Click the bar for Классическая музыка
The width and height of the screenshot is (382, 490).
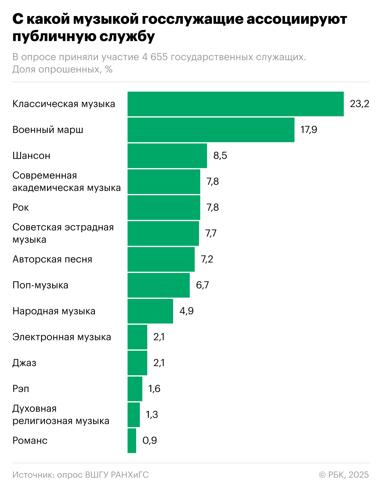pos(236,104)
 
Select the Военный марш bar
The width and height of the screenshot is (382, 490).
pos(211,130)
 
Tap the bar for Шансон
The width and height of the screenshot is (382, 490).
pos(167,156)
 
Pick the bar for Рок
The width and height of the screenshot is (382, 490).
pos(164,208)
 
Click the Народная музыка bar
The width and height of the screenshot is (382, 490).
pos(150,311)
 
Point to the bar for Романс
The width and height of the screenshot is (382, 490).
pos(132,441)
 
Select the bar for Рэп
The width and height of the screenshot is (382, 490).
pos(135,389)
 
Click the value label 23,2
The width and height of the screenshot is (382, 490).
pos(359,104)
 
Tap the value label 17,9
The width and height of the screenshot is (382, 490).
pos(309,130)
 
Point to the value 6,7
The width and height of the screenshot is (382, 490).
pos(202,285)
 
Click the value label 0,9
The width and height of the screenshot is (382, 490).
pos(150,441)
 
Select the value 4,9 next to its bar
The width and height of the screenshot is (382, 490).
pos(187,311)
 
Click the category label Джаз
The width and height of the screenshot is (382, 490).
pos(24,363)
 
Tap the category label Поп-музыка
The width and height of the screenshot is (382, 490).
pos(40,285)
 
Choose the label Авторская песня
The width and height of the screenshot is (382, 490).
pos(52,259)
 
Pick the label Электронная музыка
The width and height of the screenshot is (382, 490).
pos(62,337)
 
